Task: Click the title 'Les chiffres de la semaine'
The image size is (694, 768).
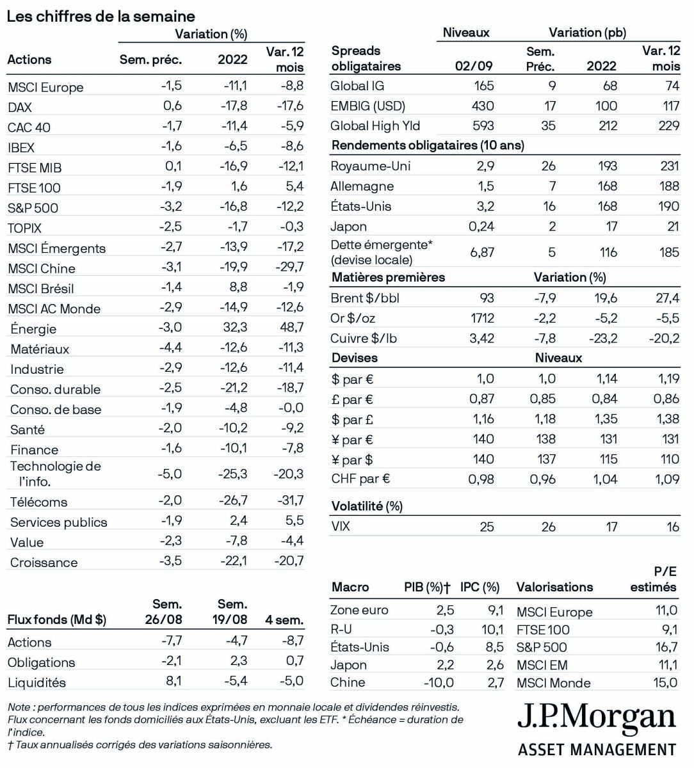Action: (x=101, y=17)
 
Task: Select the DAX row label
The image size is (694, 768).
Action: (x=20, y=108)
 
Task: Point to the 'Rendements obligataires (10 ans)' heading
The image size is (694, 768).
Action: (x=428, y=145)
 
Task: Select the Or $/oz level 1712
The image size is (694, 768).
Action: (x=481, y=318)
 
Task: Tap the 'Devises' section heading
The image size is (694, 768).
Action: (x=354, y=358)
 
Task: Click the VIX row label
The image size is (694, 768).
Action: (x=341, y=527)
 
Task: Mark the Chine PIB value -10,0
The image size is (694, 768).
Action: (x=439, y=683)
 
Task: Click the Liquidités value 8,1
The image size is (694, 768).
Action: (x=173, y=681)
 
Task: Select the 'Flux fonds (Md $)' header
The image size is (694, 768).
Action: (x=56, y=620)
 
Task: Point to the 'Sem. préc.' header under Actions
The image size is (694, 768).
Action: (x=150, y=60)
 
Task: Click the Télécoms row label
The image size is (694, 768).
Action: (x=38, y=502)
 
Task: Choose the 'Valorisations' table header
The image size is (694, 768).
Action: (x=554, y=587)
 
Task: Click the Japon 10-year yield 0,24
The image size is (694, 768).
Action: (x=481, y=227)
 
